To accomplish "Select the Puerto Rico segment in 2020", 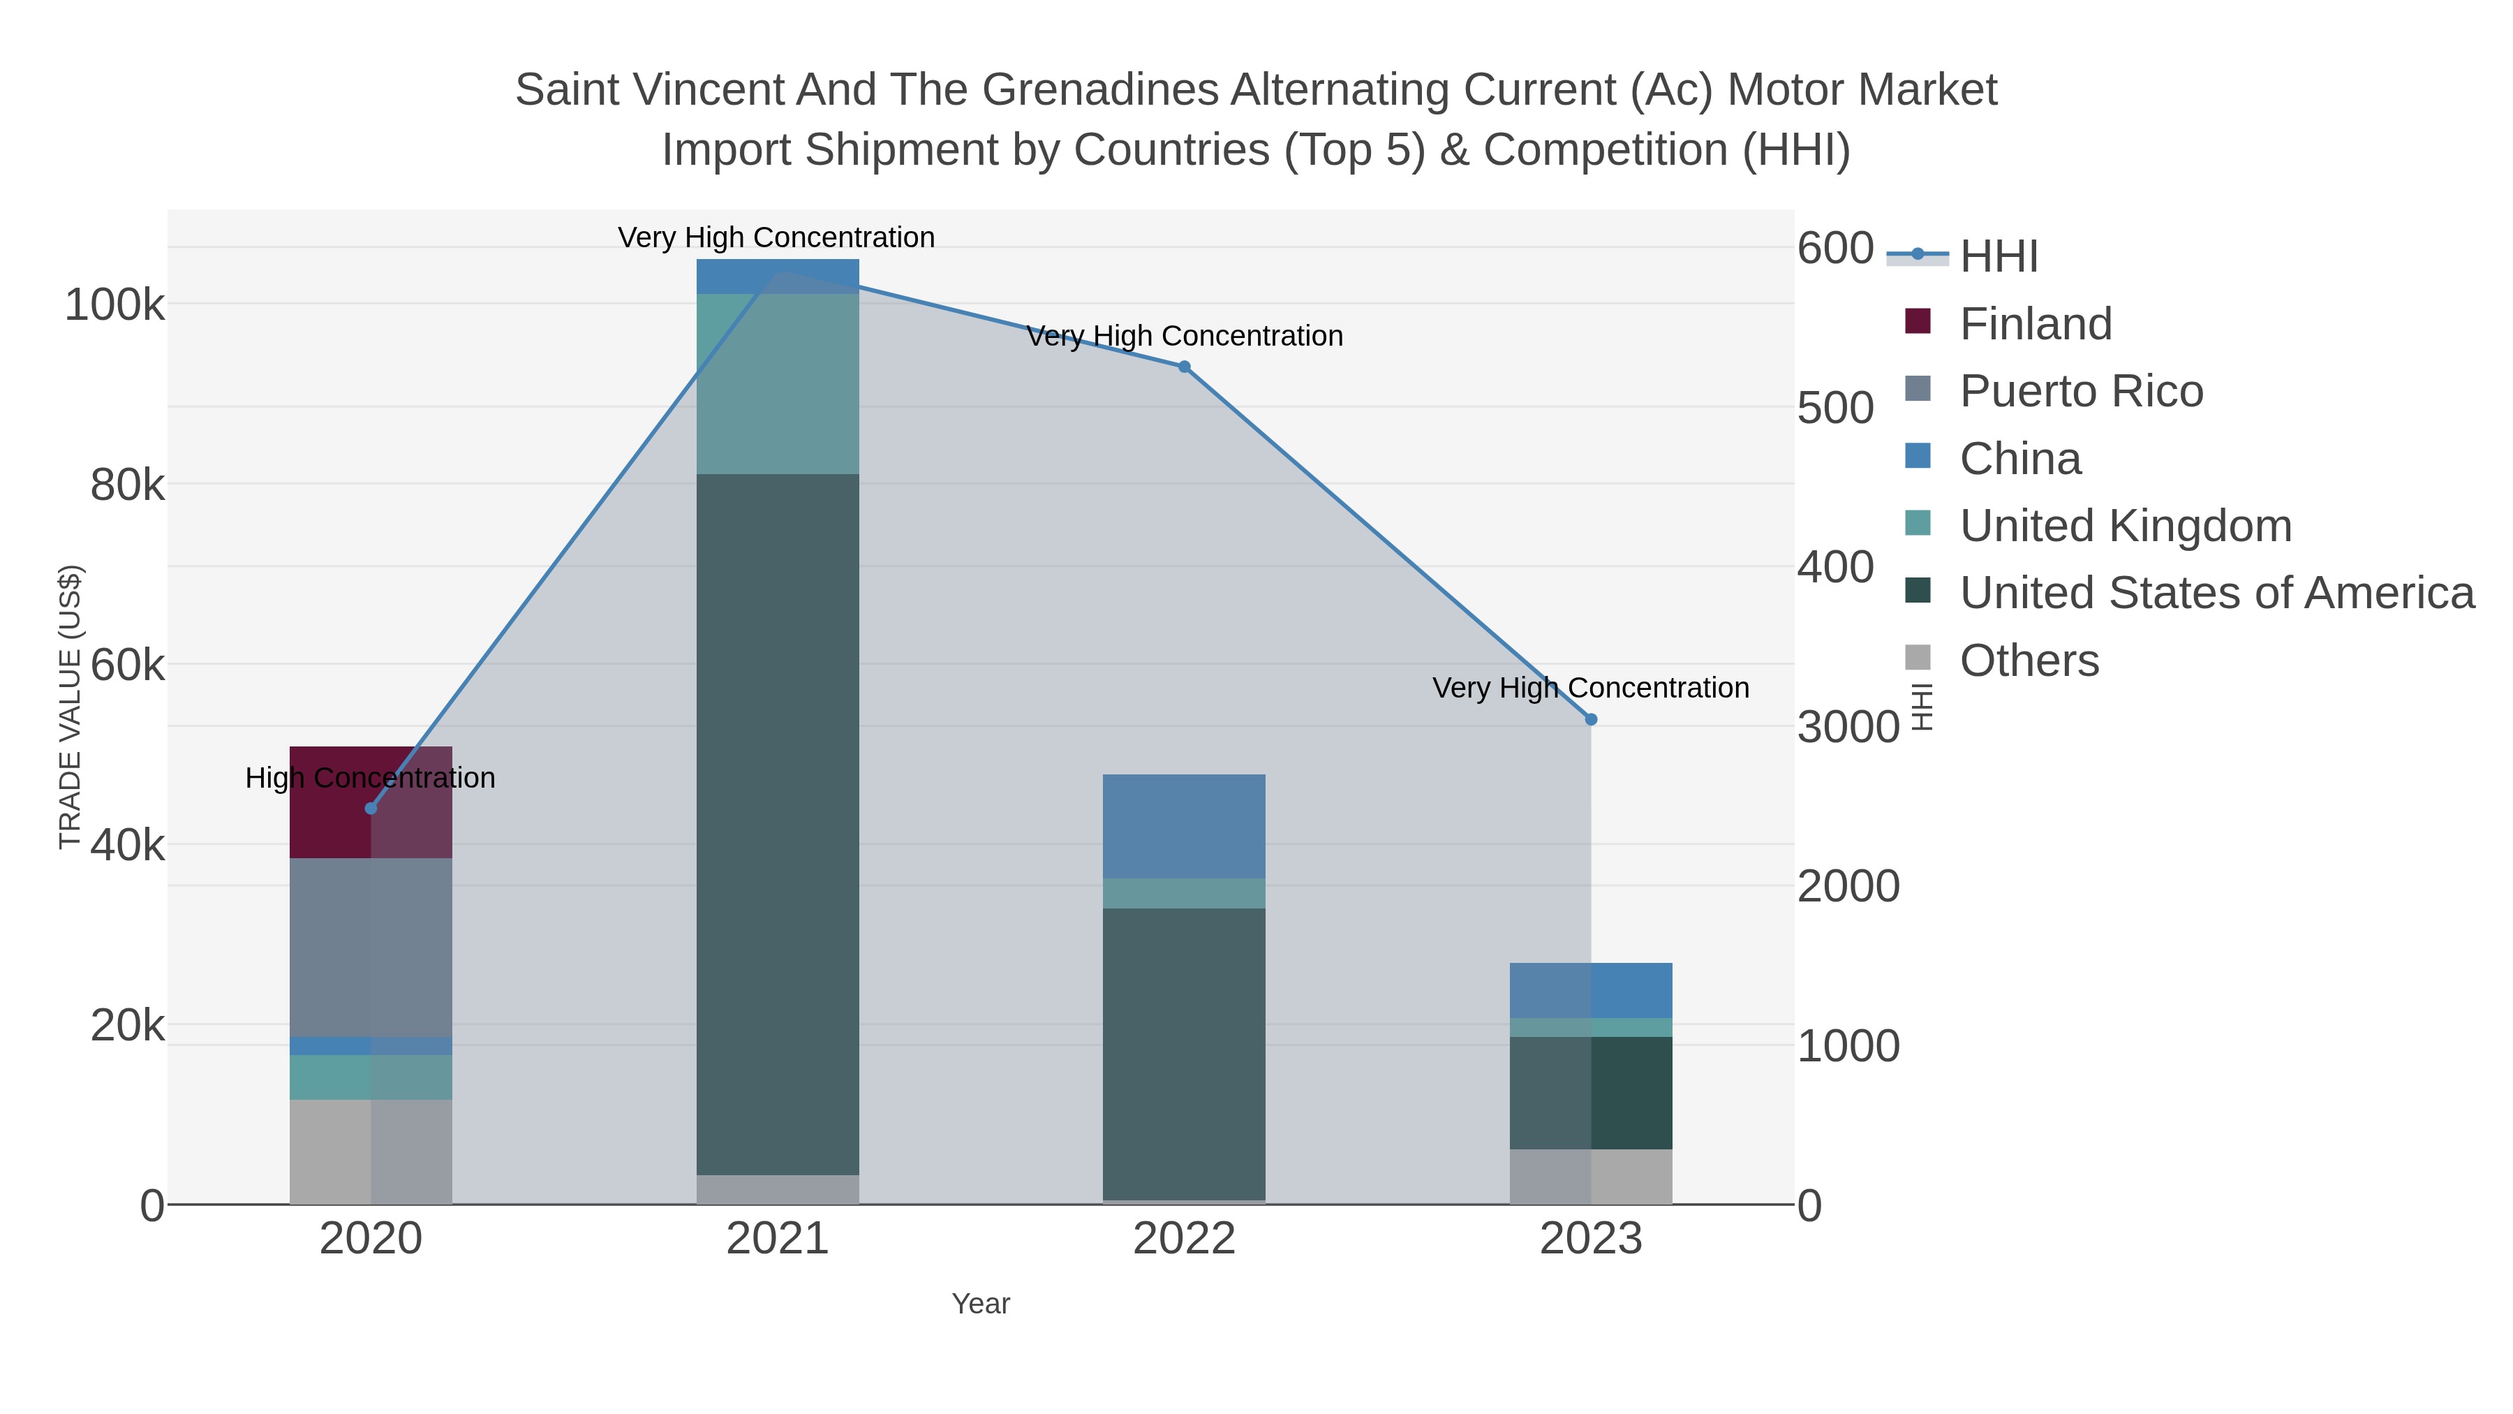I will (x=371, y=947).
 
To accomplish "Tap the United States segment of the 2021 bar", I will (x=778, y=824).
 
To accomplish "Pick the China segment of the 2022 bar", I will (x=1183, y=825).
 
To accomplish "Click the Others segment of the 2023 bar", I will (x=1590, y=1176).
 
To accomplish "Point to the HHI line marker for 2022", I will (x=1185, y=367).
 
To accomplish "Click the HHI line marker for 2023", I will (x=1591, y=719).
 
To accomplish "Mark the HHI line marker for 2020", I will (x=371, y=808).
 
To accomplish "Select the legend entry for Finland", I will (x=2035, y=324).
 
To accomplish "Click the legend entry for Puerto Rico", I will (x=2081, y=391).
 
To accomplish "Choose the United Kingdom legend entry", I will (x=2125, y=526).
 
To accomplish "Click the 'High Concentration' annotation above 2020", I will (x=371, y=778).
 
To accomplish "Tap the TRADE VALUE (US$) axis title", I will (x=71, y=707).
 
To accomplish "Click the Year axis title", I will (x=981, y=1304).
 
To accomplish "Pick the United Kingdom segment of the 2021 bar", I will (x=778, y=383).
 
